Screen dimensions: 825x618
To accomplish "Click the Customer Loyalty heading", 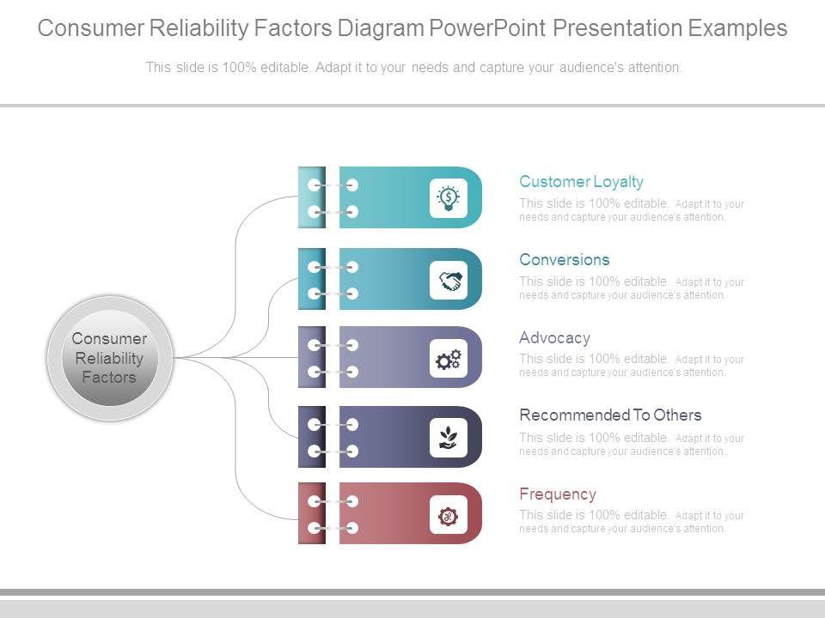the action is (581, 182).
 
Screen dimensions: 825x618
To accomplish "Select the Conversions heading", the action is (564, 260).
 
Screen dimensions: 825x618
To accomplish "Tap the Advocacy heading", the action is (554, 338).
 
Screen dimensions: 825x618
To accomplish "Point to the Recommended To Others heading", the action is (610, 415).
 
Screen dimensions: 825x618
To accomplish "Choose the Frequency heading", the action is (557, 494).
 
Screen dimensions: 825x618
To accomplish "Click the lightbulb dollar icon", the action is (449, 198).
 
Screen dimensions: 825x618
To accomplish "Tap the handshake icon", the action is (449, 280).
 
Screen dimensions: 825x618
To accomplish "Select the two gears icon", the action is (449, 359).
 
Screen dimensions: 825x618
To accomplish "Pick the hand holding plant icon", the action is (449, 438).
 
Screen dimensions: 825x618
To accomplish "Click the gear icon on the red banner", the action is (449, 516).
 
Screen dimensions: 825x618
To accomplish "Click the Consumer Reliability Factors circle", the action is (109, 358).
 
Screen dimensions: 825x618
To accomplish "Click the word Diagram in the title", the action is (378, 28).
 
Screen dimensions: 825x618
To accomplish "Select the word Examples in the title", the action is (738, 28).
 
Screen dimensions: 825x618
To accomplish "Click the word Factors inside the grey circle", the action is (109, 378).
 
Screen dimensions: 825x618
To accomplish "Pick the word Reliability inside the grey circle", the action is (109, 358).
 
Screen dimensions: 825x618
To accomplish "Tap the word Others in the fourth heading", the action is (677, 415).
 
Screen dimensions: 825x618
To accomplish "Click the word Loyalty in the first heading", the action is (616, 182).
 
